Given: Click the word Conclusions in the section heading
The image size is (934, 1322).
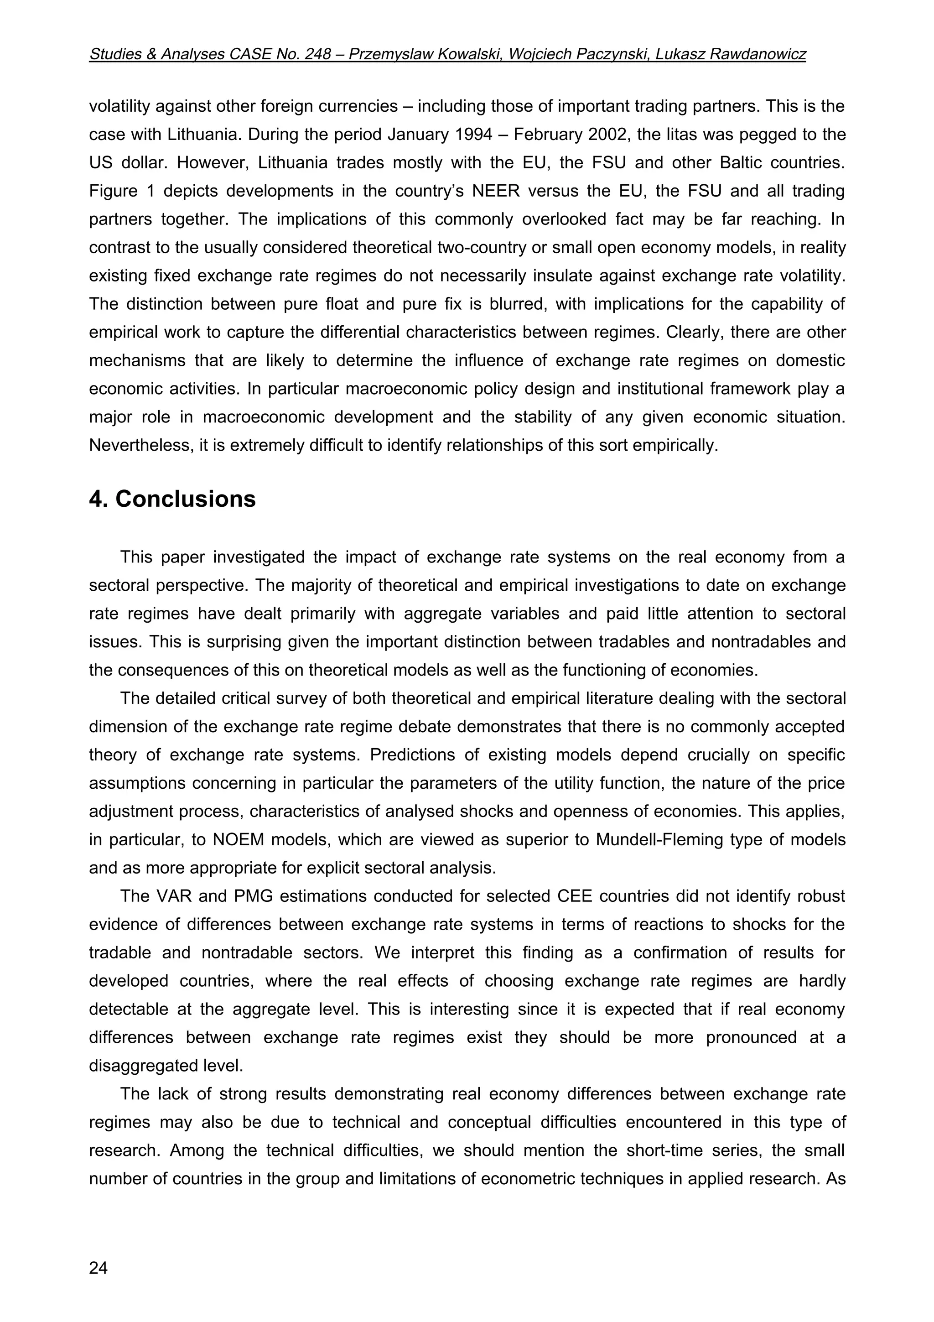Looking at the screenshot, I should tap(185, 499).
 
